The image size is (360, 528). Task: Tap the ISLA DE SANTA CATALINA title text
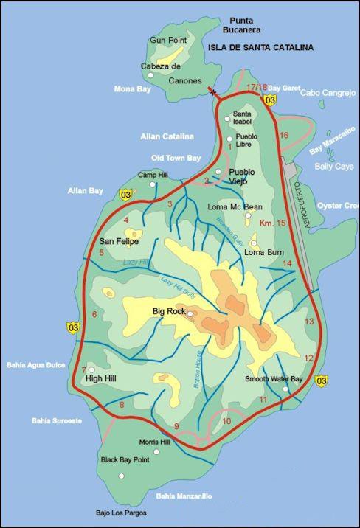click(260, 47)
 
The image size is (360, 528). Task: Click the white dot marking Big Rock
click(190, 314)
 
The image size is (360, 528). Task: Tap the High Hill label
click(103, 379)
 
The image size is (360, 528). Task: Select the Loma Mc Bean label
click(231, 206)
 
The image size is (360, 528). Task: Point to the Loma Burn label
click(264, 252)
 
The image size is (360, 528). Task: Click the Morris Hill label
click(154, 442)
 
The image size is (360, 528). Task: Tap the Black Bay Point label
click(125, 459)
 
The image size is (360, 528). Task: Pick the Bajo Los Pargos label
click(121, 513)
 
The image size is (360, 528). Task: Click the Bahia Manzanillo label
click(184, 496)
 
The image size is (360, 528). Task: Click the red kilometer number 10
click(226, 421)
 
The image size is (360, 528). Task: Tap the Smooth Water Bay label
click(274, 379)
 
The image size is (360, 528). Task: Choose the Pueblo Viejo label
click(241, 177)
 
